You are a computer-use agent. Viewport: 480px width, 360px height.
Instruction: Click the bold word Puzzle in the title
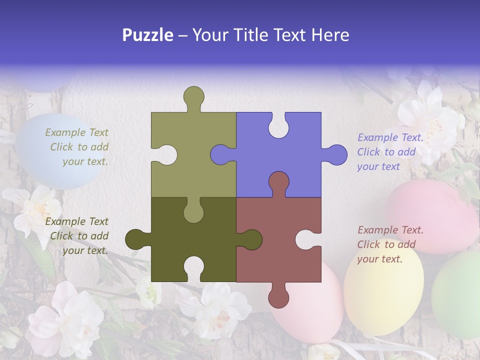pyautogui.click(x=148, y=35)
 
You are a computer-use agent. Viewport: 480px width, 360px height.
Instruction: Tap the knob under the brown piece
pyautogui.click(x=278, y=297)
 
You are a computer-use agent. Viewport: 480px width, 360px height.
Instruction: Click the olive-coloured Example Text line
pyautogui.click(x=76, y=132)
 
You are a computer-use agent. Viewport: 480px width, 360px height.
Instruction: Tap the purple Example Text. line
pyautogui.click(x=390, y=137)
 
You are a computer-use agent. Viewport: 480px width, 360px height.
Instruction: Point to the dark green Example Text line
pyautogui.click(x=76, y=221)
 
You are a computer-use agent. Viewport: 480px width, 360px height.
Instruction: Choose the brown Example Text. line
pyautogui.click(x=390, y=230)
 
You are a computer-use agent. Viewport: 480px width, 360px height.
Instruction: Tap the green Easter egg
pyautogui.click(x=457, y=295)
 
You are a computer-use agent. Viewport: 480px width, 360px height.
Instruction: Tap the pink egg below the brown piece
pyautogui.click(x=310, y=310)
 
